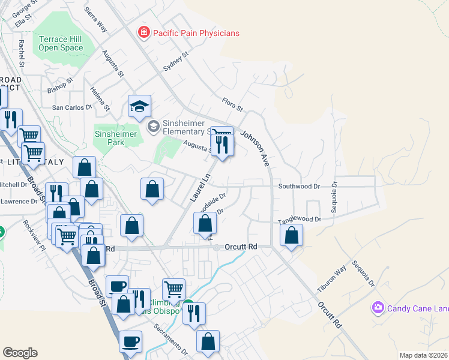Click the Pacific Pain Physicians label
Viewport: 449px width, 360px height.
pos(195,33)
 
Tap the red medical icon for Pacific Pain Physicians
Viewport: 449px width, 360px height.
pos(143,32)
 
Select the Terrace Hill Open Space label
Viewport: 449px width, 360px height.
pos(61,43)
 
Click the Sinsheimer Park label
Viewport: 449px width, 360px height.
pos(118,139)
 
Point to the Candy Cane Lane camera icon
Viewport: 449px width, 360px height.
pos(378,308)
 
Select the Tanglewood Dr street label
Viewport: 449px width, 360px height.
pos(300,220)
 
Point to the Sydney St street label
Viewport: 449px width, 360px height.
pos(176,62)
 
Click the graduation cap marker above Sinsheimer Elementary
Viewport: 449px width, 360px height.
pos(139,107)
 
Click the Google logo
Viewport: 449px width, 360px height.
pos(20,353)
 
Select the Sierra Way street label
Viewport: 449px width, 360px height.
pos(95,20)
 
